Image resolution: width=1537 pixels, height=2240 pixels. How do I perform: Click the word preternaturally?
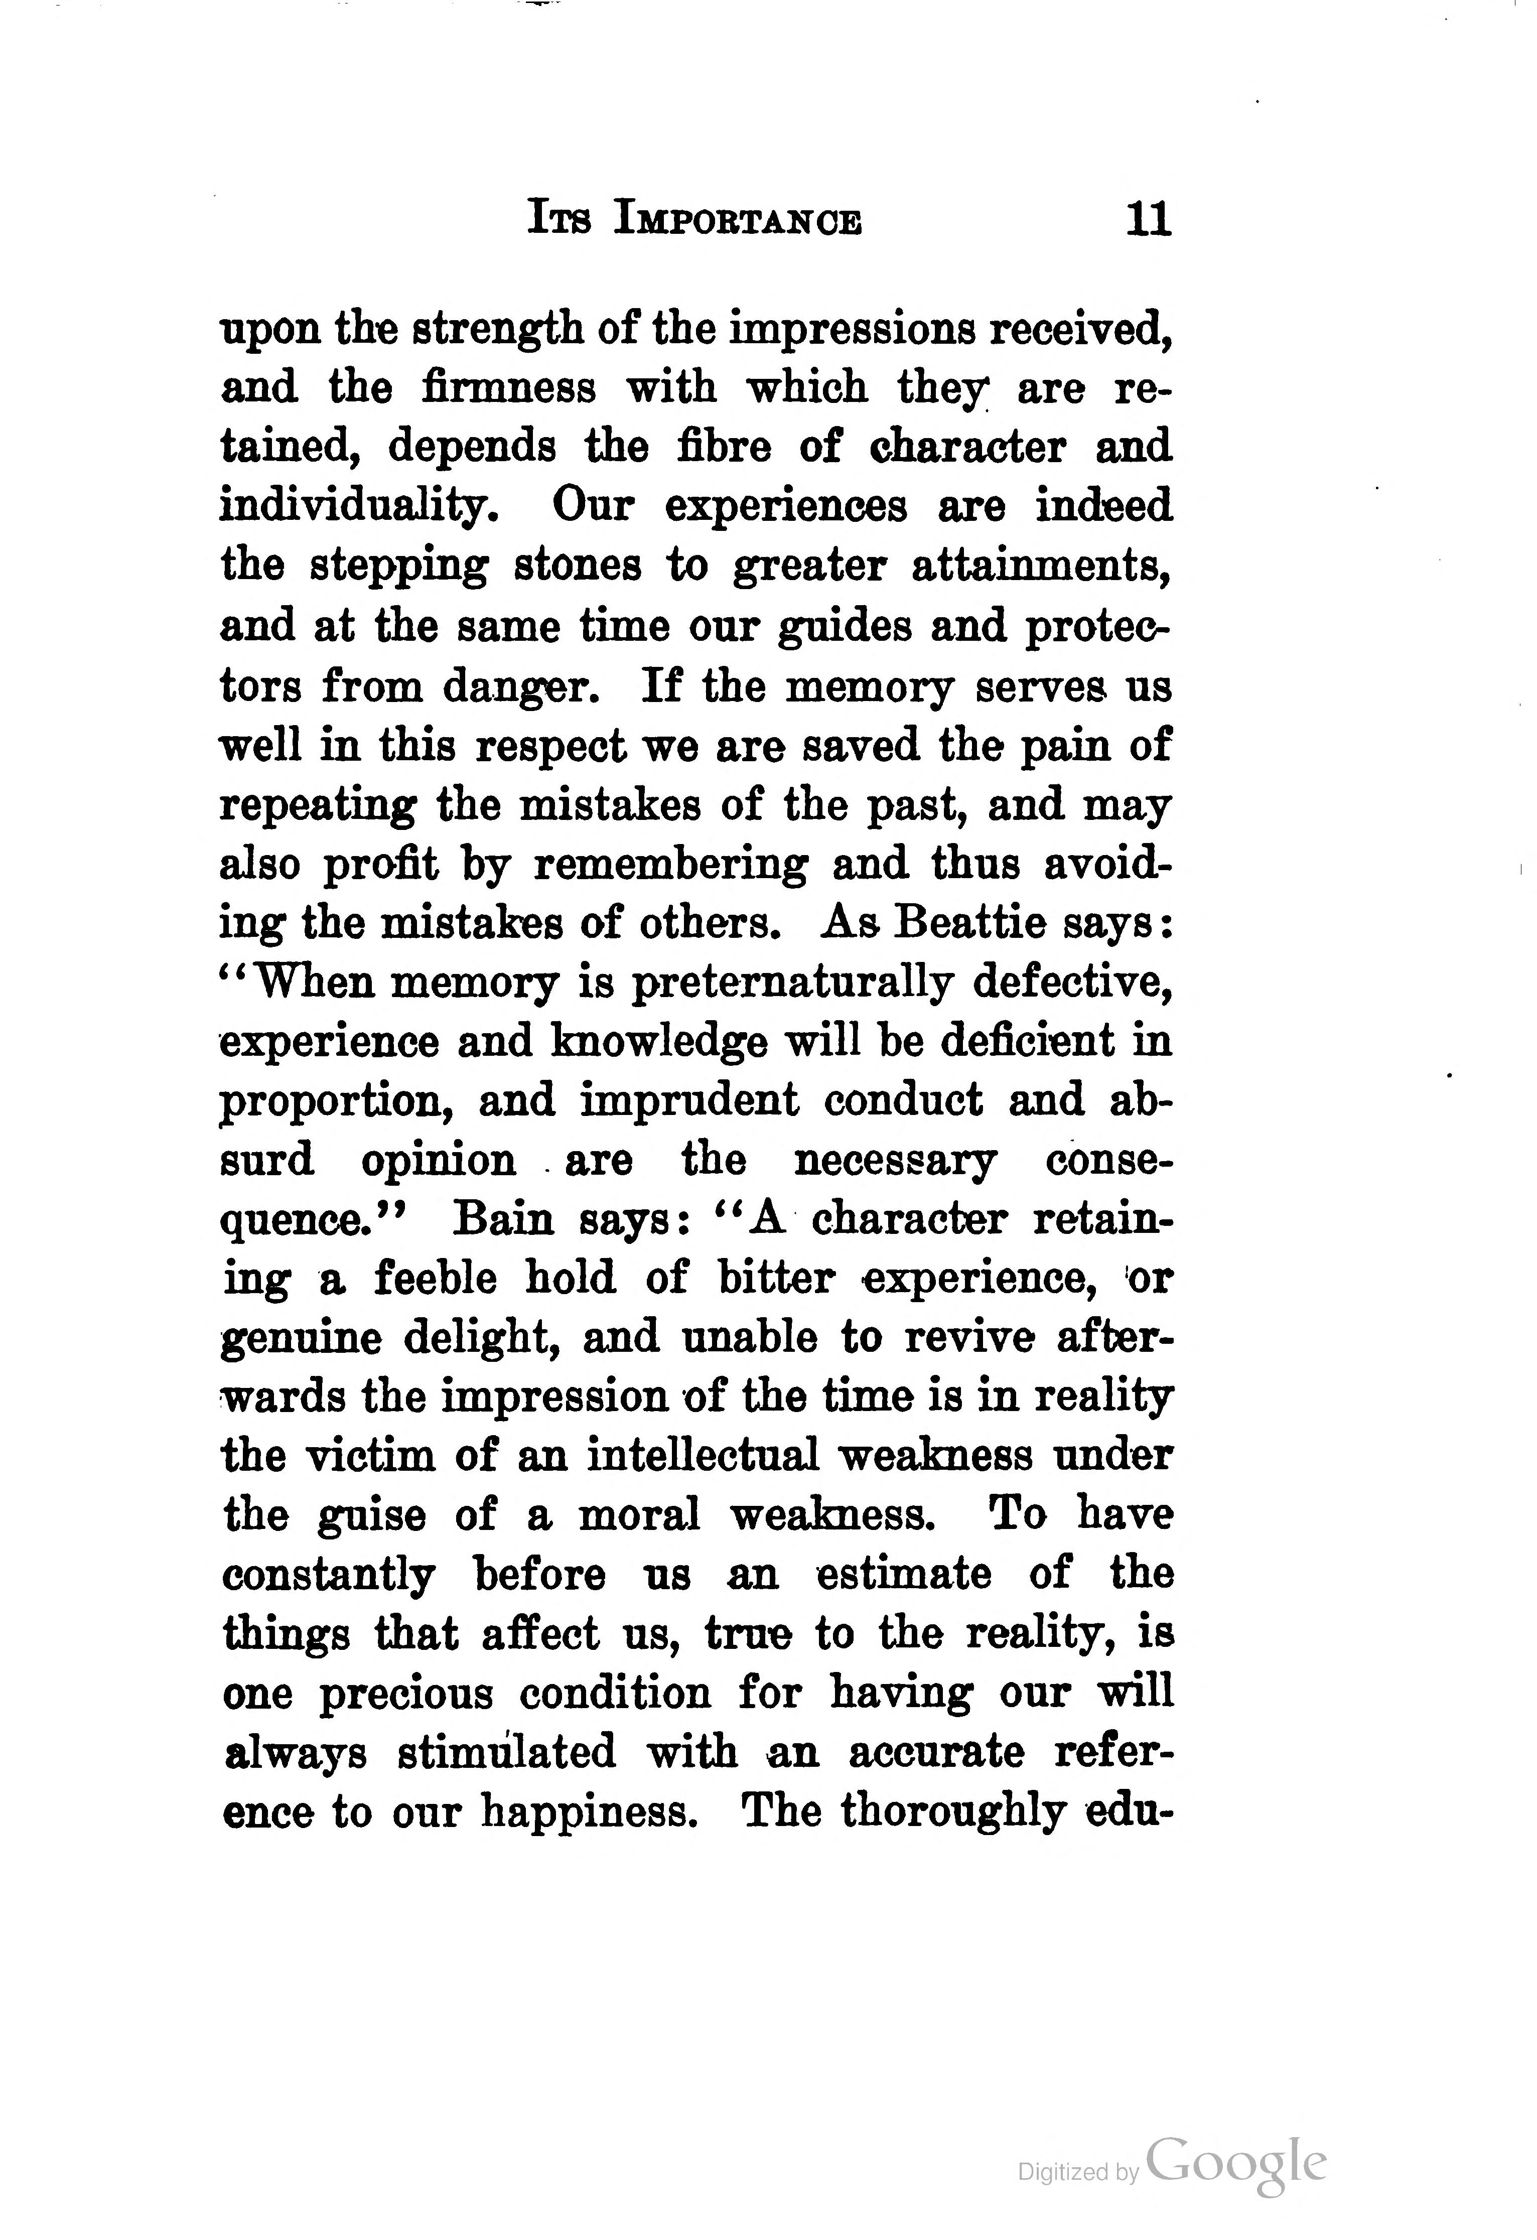[x=792, y=982]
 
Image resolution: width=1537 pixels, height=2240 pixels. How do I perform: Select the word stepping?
[x=398, y=567]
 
